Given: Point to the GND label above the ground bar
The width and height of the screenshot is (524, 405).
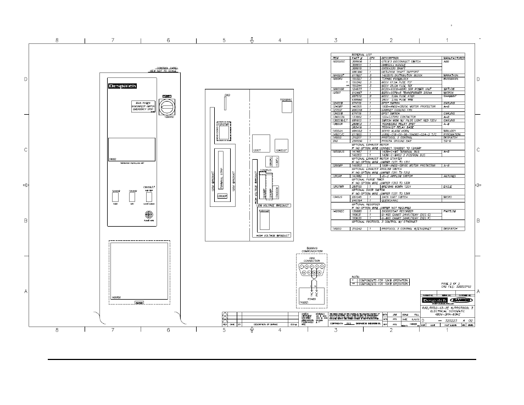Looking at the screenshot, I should (227, 95).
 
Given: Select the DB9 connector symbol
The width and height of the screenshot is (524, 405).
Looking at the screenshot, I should (311, 269).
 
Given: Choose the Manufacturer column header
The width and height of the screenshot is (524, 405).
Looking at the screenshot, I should (453, 58).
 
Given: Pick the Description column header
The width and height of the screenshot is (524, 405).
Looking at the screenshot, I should (390, 58).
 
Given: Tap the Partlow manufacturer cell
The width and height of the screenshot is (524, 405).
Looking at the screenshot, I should (450, 211).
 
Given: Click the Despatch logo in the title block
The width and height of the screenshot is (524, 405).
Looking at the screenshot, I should (437, 300).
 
